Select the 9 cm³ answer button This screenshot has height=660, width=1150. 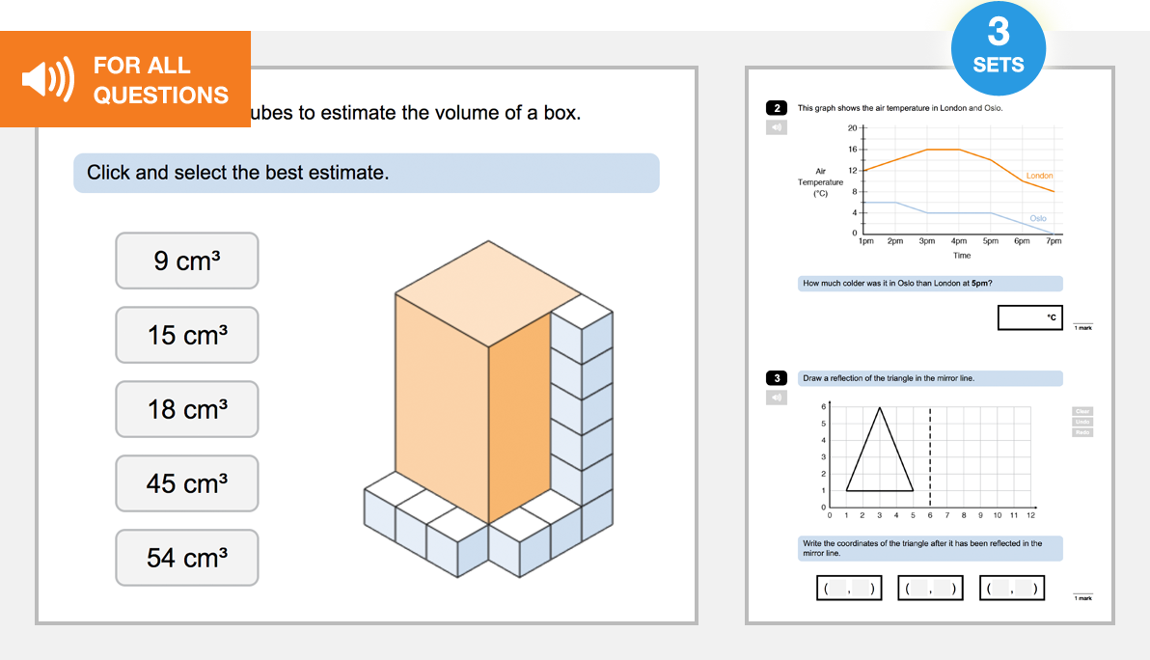(187, 261)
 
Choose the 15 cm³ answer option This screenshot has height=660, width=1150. (187, 335)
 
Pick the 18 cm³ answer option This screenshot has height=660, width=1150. (187, 409)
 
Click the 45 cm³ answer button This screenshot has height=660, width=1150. (187, 483)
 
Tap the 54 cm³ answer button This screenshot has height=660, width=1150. (187, 558)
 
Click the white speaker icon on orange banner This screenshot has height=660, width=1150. (47, 80)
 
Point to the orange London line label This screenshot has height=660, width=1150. (1039, 176)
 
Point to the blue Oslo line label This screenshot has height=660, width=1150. (1038, 218)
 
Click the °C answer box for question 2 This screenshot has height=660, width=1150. (1029, 317)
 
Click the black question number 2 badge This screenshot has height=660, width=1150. (777, 108)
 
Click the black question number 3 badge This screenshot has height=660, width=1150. (777, 378)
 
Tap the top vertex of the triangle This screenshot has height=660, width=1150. (880, 407)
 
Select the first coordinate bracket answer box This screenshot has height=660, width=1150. (849, 588)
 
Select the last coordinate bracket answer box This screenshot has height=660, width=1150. (1011, 588)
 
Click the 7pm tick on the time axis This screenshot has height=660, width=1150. (1054, 241)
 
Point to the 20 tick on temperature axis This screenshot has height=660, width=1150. (853, 128)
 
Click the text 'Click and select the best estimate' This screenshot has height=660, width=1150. (237, 173)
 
